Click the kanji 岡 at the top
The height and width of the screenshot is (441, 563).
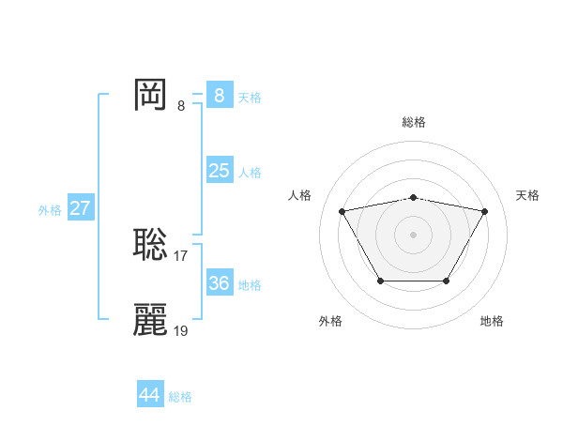pyautogui.click(x=151, y=95)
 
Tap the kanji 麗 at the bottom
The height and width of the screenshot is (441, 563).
pyautogui.click(x=151, y=319)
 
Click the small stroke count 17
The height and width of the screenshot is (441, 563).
pyautogui.click(x=181, y=255)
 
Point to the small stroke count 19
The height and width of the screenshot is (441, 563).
pyautogui.click(x=181, y=330)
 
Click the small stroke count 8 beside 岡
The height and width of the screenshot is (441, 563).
pyautogui.click(x=181, y=106)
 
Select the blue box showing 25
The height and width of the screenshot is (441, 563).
pyautogui.click(x=219, y=171)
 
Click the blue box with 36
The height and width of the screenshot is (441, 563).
pyautogui.click(x=219, y=283)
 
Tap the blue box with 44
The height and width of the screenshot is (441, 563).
pyautogui.click(x=149, y=395)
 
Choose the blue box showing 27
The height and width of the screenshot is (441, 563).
pyautogui.click(x=80, y=208)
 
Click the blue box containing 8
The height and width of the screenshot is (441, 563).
pyautogui.click(x=219, y=96)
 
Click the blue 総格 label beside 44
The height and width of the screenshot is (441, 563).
pyautogui.click(x=180, y=397)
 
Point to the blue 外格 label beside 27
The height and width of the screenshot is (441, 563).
pyautogui.click(x=50, y=210)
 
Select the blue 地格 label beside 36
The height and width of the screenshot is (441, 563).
pyautogui.click(x=250, y=285)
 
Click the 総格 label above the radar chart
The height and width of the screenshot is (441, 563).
pyautogui.click(x=414, y=122)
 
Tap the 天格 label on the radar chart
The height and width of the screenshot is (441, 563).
pyautogui.click(x=527, y=195)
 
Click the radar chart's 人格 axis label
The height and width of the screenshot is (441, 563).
pyautogui.click(x=299, y=195)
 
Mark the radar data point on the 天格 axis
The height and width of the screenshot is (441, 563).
pyautogui.click(x=484, y=211)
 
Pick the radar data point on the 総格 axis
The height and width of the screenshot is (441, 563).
pyautogui.click(x=414, y=197)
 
